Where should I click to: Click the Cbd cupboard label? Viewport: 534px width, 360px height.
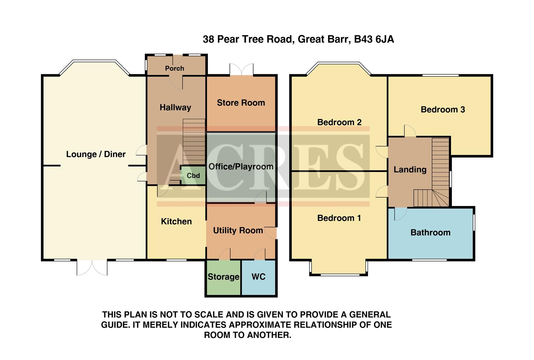click(193, 176)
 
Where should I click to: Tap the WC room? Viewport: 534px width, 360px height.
click(258, 277)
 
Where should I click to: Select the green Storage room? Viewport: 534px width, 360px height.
click(223, 277)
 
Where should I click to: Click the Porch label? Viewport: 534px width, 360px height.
click(174, 68)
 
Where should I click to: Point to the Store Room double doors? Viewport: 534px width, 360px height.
click(241, 70)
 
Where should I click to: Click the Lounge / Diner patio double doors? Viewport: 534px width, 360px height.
click(92, 267)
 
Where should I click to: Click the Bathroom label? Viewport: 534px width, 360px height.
click(430, 233)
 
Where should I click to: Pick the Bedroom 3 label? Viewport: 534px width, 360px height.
click(443, 110)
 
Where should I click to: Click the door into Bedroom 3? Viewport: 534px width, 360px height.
click(410, 131)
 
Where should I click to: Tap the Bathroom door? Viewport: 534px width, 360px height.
click(400, 214)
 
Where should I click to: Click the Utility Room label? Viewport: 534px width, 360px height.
click(238, 230)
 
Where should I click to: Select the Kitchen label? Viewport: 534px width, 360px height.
click(176, 222)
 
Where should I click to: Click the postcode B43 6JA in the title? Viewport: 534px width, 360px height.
click(374, 39)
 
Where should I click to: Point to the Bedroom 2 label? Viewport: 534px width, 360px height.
click(339, 122)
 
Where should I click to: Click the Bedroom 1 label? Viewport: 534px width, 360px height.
click(339, 218)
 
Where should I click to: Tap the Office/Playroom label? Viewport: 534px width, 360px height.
click(241, 167)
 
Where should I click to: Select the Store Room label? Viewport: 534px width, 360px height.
click(241, 103)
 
